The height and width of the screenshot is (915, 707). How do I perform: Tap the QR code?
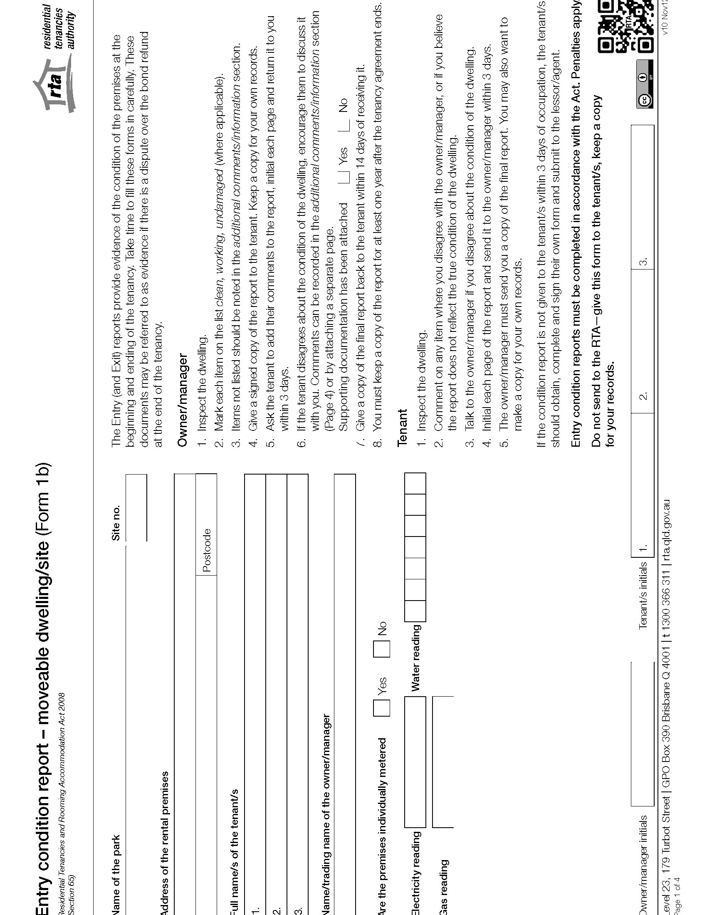pos(625,26)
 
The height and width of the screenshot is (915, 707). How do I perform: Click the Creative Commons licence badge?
pos(644,84)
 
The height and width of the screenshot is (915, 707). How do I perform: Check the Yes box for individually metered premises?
pos(381,707)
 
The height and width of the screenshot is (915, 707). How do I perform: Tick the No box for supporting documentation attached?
pos(344,125)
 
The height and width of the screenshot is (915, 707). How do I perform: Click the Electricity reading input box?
pos(415,762)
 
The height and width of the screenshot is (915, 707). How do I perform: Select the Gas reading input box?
pos(443,762)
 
